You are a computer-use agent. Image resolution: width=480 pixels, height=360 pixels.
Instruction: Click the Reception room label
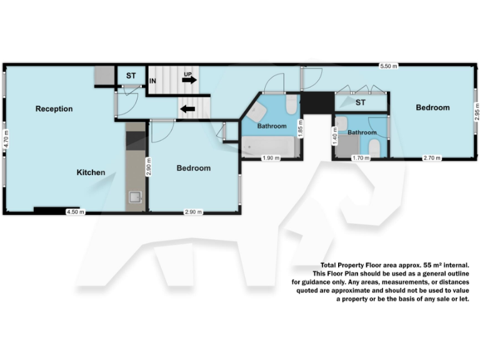pyautogui.click(x=54, y=109)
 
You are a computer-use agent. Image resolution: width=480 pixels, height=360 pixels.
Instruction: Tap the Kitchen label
pyautogui.click(x=91, y=172)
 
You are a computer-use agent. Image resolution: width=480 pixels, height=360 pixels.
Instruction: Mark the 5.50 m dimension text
pyautogui.click(x=389, y=66)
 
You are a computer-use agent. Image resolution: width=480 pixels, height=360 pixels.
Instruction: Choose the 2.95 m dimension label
pyautogui.click(x=476, y=112)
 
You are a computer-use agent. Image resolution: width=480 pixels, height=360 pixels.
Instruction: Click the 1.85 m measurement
pyautogui.click(x=301, y=129)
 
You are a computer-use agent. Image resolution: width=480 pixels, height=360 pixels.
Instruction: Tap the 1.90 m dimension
pyautogui.click(x=271, y=158)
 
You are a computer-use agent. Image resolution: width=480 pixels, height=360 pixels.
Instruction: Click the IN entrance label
pyautogui.click(x=152, y=81)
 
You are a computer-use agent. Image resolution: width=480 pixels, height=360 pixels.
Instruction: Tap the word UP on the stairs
pyautogui.click(x=187, y=75)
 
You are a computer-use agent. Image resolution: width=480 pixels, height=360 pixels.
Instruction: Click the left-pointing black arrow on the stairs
pyautogui.click(x=187, y=109)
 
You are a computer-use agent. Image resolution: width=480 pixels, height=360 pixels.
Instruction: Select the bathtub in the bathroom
pyautogui.click(x=269, y=147)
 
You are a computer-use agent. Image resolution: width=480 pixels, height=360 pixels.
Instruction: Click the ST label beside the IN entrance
pyautogui.click(x=131, y=76)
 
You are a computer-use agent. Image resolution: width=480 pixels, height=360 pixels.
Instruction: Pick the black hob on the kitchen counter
pyautogui.click(x=135, y=141)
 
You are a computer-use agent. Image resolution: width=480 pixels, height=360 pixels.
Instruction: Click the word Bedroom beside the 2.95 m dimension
pyautogui.click(x=432, y=107)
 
